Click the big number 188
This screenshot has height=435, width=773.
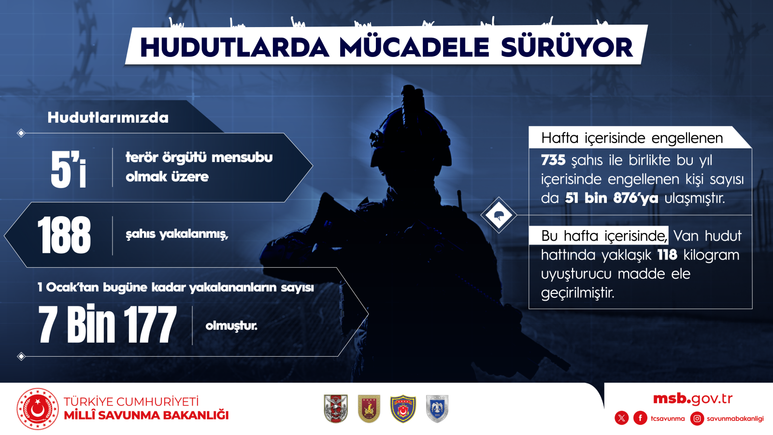64,235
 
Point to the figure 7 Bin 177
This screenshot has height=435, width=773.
107,324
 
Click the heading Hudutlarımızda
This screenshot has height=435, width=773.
108,118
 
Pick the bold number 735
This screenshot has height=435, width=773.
553,160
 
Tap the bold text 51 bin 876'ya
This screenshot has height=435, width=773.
612,198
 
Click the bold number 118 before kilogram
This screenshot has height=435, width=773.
667,255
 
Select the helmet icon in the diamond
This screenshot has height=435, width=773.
499,216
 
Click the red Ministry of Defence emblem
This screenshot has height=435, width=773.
38,409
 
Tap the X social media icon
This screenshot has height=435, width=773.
621,419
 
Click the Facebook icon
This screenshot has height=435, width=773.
640,419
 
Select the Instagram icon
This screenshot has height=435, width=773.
697,419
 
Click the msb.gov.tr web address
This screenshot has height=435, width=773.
693,399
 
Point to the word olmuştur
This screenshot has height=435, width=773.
231,326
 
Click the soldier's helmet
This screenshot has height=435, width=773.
411,131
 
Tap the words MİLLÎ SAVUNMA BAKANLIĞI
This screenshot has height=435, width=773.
146,415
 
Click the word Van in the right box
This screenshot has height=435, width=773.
687,236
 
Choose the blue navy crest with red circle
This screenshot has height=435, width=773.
403,409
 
